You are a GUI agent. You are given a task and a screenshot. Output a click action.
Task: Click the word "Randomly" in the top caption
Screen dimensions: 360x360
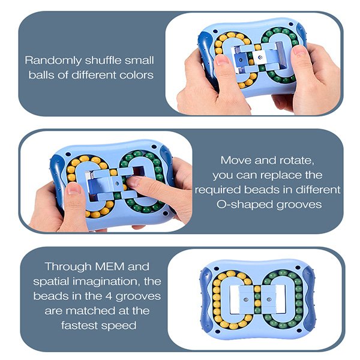(x=53, y=61)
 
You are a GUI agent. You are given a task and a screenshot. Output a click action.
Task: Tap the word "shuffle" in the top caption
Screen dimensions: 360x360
(x=103, y=60)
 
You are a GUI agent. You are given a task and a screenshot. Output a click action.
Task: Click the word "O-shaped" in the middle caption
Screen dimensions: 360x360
(x=245, y=205)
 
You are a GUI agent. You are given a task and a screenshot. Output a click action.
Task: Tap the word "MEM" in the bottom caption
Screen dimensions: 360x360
(x=110, y=266)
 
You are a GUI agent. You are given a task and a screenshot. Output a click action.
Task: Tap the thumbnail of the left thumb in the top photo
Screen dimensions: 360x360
(x=220, y=60)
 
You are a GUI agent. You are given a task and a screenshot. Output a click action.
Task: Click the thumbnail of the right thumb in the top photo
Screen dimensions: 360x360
(x=300, y=50)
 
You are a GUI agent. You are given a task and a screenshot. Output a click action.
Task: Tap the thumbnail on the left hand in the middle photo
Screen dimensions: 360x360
(x=73, y=190)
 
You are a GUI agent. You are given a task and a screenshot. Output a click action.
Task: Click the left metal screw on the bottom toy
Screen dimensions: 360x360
(x=246, y=299)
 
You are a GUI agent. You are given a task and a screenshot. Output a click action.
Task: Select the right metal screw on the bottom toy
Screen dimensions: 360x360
(x=269, y=299)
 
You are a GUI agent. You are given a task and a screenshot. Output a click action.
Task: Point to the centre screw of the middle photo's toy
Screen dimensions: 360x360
(x=118, y=184)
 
